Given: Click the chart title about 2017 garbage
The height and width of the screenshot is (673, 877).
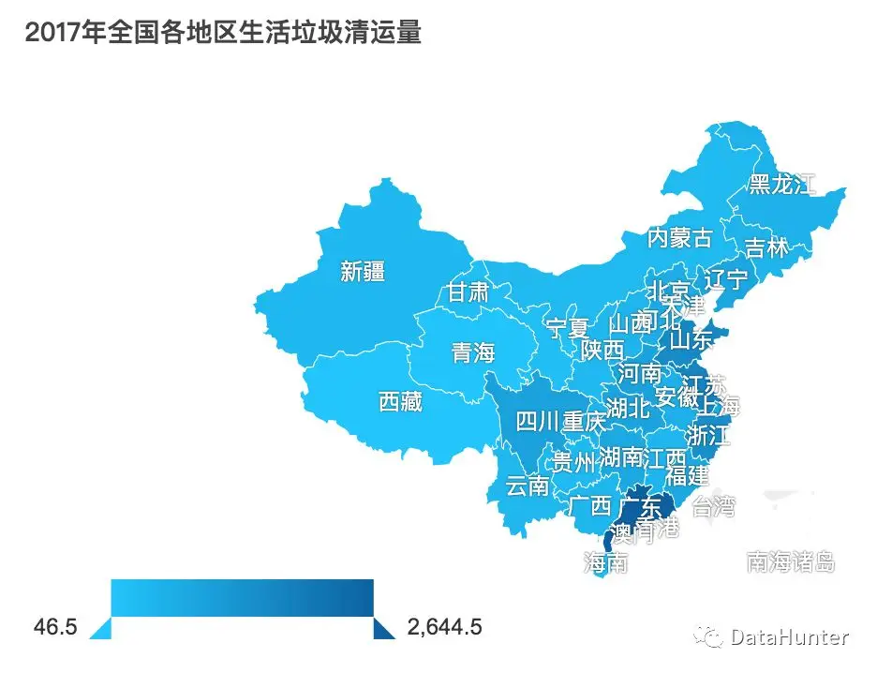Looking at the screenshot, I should (x=223, y=33).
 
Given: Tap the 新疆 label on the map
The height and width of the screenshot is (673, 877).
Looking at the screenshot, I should (x=363, y=272).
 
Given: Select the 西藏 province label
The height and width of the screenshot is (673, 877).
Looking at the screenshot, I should (x=400, y=402).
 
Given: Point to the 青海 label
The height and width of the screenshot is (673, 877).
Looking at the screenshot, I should (x=472, y=353).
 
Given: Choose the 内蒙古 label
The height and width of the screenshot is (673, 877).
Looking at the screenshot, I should (x=680, y=237).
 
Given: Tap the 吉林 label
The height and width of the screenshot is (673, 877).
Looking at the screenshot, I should (x=766, y=248).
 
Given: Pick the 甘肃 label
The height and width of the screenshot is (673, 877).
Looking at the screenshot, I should (x=467, y=292).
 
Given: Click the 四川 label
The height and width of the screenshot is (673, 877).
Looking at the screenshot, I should (x=538, y=421).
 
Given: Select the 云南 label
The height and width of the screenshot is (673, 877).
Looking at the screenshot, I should (x=527, y=486).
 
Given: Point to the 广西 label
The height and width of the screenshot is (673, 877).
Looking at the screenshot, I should (x=590, y=506).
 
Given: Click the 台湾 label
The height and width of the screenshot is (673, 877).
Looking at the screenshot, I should (x=714, y=507).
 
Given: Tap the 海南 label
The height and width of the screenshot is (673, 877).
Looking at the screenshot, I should (x=606, y=562).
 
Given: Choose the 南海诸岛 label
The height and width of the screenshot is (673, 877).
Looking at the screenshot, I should (x=790, y=562).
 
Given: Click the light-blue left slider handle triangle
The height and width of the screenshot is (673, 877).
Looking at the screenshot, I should (x=102, y=628).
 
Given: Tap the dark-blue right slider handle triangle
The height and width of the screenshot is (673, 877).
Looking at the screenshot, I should (x=383, y=628).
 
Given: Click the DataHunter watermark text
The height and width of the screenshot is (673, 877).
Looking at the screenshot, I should (x=789, y=637).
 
